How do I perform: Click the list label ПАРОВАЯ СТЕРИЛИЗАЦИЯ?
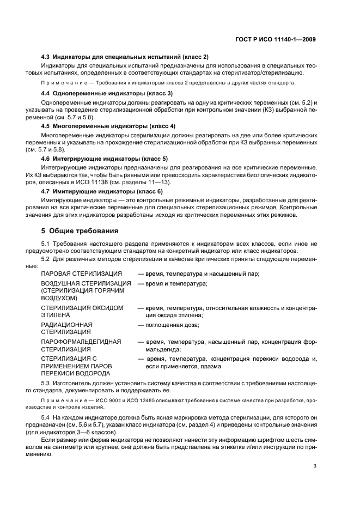[x=82, y=273]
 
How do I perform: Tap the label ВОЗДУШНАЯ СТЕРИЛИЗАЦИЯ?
[x=86, y=284]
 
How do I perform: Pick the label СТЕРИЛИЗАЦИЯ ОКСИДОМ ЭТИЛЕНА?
[x=82, y=312]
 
